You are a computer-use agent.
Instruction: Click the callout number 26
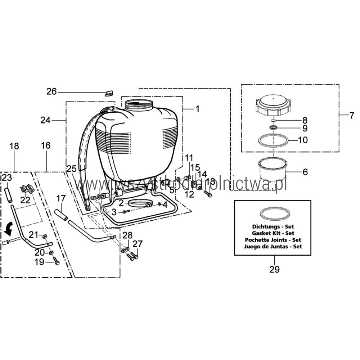coord(52,92)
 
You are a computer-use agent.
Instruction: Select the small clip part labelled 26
coord(109,93)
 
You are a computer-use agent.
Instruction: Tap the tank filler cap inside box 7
coord(274,104)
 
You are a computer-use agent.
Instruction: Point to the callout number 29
coord(274,269)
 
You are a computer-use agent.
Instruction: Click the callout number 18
coord(14,146)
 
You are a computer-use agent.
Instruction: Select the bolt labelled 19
coord(56,261)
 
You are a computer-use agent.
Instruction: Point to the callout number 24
coord(46,120)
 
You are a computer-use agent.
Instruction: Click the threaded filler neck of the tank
coord(139,104)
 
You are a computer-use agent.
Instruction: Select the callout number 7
coord(352,116)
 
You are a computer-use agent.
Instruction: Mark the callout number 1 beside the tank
coord(197,109)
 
